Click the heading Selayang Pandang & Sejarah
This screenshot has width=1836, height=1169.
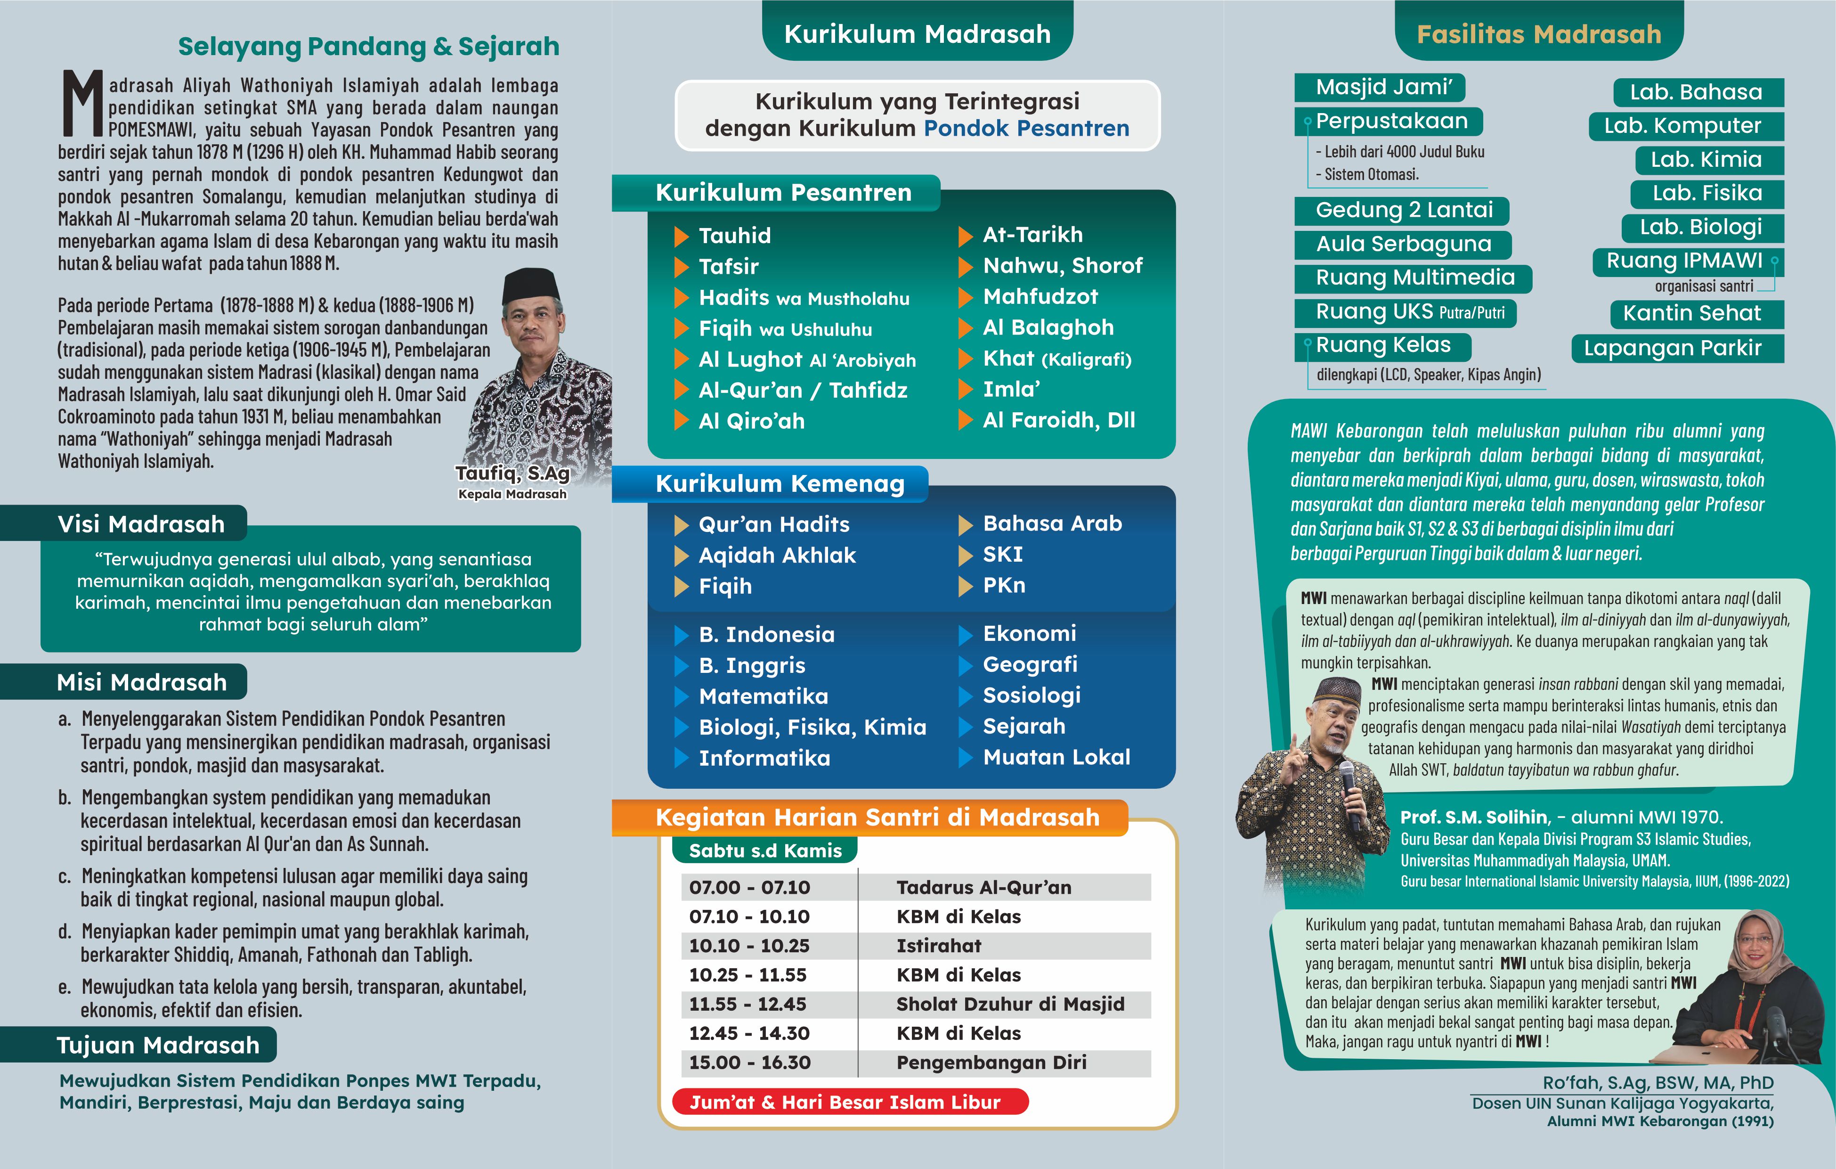tap(368, 47)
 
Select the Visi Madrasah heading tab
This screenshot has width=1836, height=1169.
tap(141, 524)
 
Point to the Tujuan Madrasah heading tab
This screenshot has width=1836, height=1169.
tap(158, 1045)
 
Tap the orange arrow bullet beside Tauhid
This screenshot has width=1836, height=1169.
tap(682, 237)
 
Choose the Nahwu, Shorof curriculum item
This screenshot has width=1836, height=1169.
tap(1062, 265)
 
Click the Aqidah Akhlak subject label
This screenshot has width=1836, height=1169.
tap(777, 555)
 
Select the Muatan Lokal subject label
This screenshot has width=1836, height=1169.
tap(1056, 757)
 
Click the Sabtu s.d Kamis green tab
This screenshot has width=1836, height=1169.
tap(765, 850)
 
